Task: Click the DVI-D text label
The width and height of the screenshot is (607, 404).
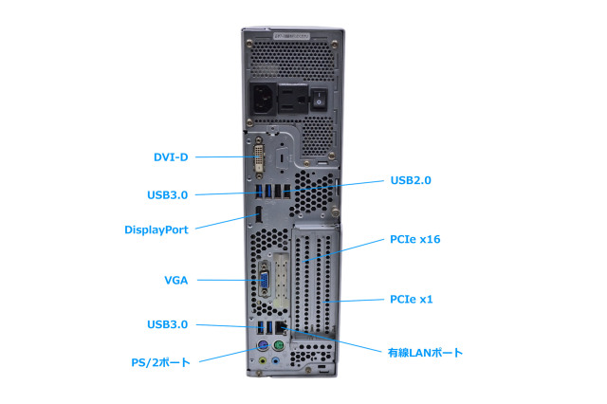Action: tap(172, 157)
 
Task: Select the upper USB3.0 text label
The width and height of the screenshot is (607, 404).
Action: tap(167, 194)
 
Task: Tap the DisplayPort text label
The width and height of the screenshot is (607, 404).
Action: tap(156, 230)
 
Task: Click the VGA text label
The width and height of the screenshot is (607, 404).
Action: tap(175, 280)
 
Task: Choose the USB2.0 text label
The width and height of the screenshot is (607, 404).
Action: tap(417, 179)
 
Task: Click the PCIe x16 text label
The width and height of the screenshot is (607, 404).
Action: tap(414, 240)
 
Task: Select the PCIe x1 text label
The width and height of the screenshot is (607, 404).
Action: tap(412, 300)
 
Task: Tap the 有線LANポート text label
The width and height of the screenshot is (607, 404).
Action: tap(425, 353)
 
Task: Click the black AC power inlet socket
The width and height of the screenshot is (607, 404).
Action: tap(266, 98)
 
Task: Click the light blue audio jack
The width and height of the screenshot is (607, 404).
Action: tap(276, 361)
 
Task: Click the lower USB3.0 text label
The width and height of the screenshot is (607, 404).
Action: tap(167, 324)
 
